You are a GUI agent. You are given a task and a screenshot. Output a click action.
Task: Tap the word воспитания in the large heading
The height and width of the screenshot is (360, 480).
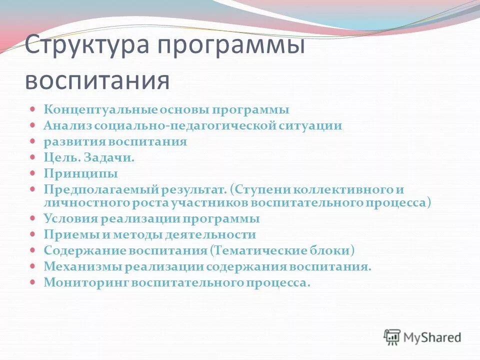click(97, 80)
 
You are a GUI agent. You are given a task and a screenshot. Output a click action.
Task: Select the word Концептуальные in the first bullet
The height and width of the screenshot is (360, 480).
click(100, 109)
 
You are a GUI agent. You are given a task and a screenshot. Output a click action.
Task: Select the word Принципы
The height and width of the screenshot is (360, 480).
click(80, 173)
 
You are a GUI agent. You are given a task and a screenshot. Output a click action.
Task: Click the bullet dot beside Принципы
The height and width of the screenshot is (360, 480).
click(33, 173)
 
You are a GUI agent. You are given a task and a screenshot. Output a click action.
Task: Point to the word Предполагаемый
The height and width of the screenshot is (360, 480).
click(101, 189)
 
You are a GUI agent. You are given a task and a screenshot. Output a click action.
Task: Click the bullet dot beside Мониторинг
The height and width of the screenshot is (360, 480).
click(33, 282)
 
